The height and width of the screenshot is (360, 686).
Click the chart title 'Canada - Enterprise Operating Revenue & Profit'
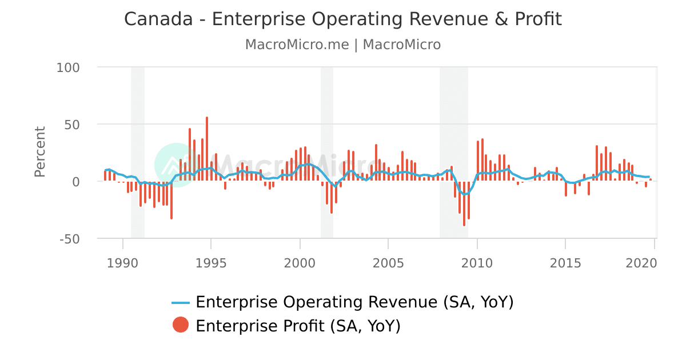click(x=343, y=19)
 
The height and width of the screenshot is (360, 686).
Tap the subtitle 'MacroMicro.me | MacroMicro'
click(x=343, y=45)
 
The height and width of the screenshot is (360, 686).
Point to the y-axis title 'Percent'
click(x=39, y=152)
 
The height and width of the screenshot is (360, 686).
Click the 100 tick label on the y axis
click(x=68, y=67)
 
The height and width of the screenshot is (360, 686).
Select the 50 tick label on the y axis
click(x=71, y=125)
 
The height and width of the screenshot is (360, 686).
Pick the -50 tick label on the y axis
click(x=69, y=239)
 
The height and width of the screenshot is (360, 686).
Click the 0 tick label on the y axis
click(x=75, y=182)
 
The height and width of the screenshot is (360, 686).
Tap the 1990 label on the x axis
click(x=123, y=263)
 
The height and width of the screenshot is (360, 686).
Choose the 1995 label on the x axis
click(x=212, y=263)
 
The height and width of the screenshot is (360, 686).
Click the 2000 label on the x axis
click(x=300, y=263)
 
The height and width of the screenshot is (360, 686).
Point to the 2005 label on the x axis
click(x=388, y=263)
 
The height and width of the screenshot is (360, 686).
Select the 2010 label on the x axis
click(x=477, y=263)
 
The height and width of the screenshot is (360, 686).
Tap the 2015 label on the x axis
click(x=565, y=263)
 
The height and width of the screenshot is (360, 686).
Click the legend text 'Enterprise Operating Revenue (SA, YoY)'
click(x=354, y=302)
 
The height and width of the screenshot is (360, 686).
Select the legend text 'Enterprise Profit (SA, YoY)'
click(x=298, y=326)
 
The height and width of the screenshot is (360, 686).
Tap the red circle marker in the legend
click(x=181, y=325)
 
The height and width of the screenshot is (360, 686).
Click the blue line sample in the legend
click(x=181, y=302)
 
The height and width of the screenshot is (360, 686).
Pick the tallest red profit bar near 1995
click(x=207, y=149)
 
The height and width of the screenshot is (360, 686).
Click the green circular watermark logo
click(x=175, y=165)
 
